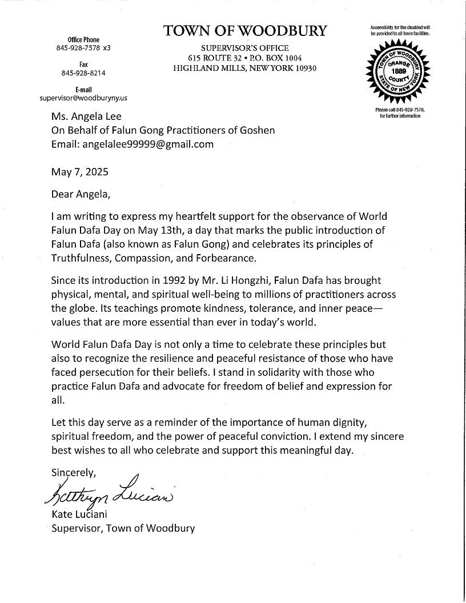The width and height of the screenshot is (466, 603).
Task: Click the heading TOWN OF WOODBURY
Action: [x=246, y=31]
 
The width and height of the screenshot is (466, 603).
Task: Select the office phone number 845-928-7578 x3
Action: [x=83, y=48]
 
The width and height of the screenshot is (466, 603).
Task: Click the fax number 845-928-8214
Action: [x=83, y=73]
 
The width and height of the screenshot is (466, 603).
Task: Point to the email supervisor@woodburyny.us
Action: [x=83, y=98]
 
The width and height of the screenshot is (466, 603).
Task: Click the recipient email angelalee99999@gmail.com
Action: [x=132, y=144]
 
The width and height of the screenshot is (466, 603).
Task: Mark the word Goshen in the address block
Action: [x=255, y=130]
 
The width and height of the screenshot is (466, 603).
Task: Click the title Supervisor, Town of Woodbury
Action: [x=123, y=528]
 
